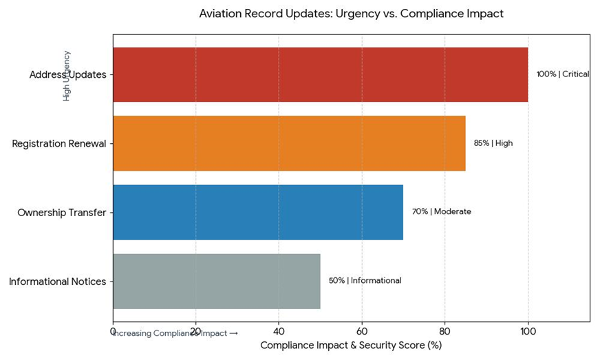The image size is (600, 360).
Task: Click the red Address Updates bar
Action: click(320, 74)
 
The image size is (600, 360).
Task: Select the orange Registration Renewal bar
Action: click(289, 143)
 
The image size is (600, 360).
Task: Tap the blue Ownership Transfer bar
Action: click(258, 212)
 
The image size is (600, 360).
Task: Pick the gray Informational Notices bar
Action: click(216, 281)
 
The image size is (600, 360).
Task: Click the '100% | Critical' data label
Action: click(562, 74)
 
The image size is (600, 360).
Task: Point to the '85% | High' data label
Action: click(493, 143)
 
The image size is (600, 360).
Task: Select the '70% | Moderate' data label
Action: click(441, 212)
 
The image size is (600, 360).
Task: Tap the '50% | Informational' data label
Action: click(365, 281)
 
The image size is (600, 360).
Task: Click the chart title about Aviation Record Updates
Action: click(351, 14)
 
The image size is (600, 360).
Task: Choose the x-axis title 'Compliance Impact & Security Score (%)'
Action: click(351, 345)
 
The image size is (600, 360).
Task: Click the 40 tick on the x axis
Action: click(279, 331)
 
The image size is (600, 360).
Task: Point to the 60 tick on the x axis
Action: click(362, 331)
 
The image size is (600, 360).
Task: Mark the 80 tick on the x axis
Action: click(444, 331)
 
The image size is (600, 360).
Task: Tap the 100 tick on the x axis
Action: click(528, 331)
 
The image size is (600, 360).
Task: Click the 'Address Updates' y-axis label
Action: click(67, 74)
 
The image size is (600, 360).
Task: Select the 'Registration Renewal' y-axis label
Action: click(59, 144)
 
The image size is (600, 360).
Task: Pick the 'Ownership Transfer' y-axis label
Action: click(62, 213)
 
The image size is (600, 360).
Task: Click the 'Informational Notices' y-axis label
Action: click(58, 282)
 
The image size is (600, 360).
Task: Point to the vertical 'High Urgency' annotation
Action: click(67, 76)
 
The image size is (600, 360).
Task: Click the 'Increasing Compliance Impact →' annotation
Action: click(176, 334)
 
